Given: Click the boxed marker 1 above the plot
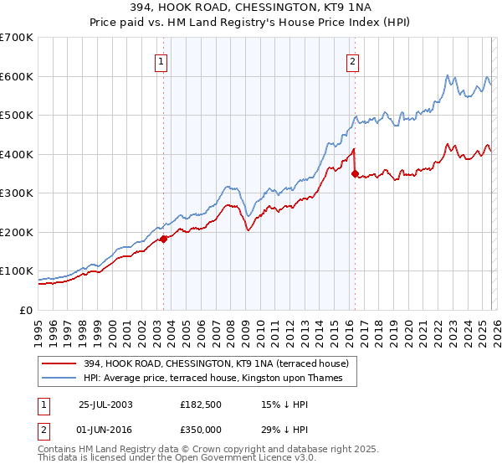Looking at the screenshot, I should tap(160, 60).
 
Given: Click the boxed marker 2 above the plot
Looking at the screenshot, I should tap(352, 60).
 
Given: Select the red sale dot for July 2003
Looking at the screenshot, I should tap(164, 239).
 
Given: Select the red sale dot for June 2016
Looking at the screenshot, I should tap(355, 174).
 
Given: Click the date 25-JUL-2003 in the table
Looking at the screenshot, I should tap(105, 405).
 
